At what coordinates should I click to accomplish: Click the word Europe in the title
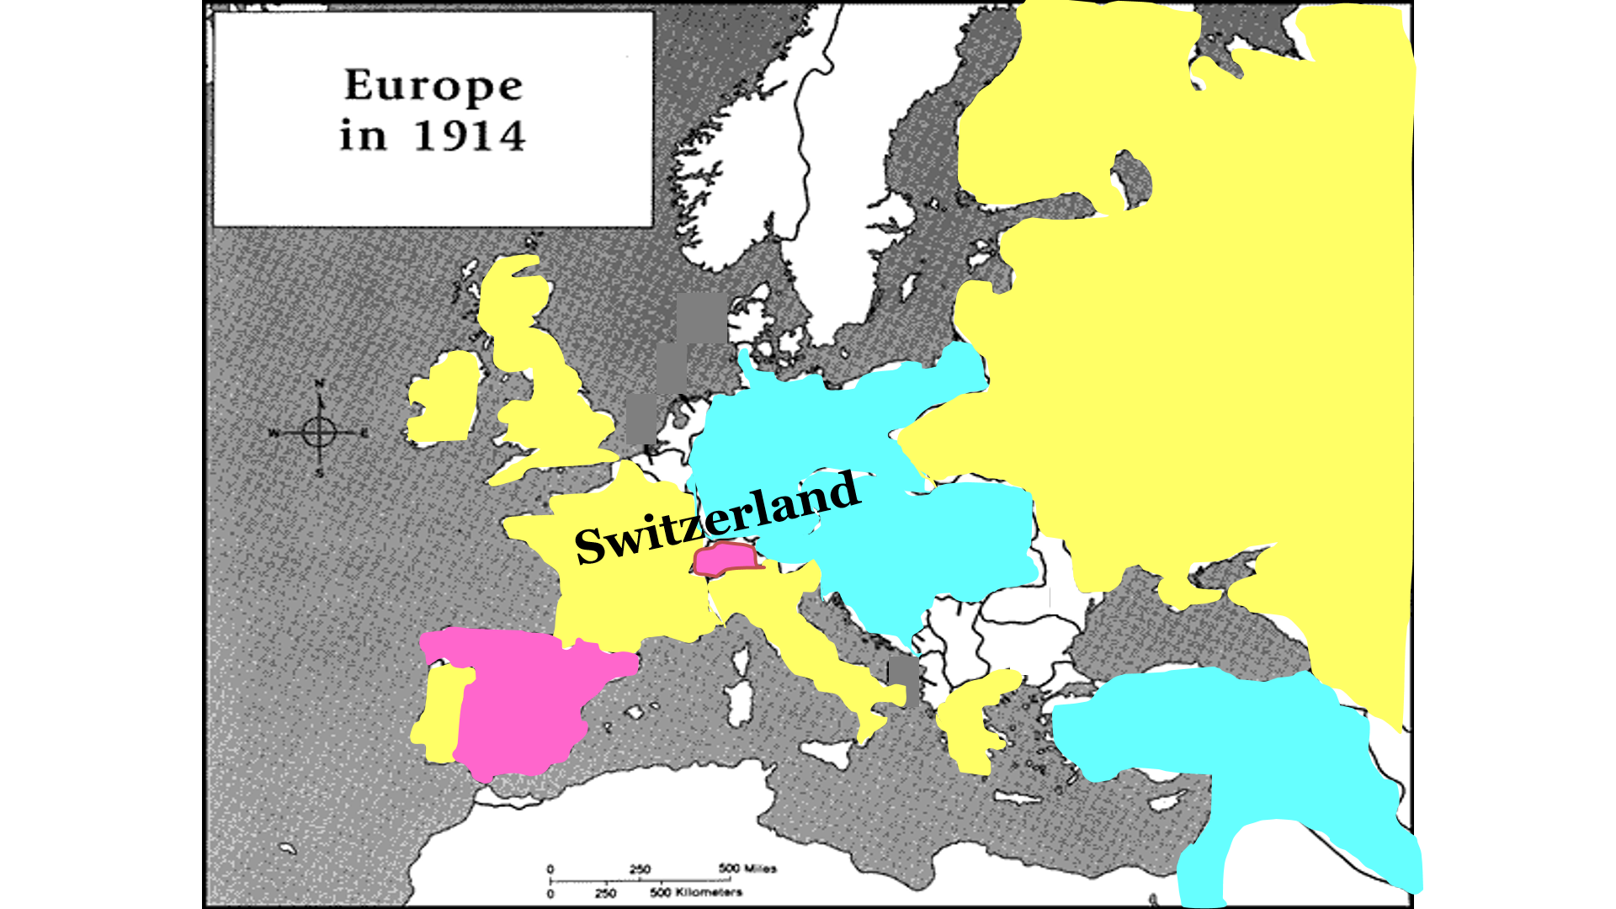[433, 85]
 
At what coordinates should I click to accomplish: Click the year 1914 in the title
[470, 136]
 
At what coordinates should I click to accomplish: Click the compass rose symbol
[319, 433]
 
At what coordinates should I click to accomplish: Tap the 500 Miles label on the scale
[747, 869]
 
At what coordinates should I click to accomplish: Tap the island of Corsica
[742, 661]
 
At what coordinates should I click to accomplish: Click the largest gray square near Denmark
[702, 318]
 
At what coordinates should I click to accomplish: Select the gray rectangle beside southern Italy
[904, 678]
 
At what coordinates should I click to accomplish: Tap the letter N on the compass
[319, 385]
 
